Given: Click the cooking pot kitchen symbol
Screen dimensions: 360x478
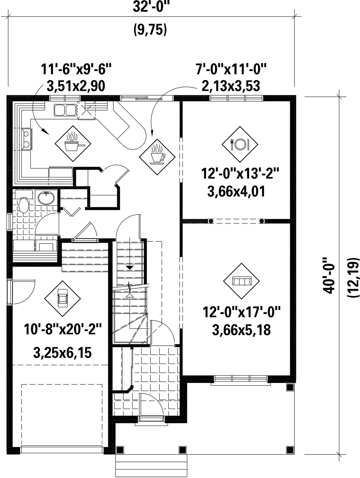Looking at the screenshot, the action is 73,144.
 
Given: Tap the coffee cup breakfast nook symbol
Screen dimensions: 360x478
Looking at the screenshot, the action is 157,157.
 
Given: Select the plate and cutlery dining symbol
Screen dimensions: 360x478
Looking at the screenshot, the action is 240,144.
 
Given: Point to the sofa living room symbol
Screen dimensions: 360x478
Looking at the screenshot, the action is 242,281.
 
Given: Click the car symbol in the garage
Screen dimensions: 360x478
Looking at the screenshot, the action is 63,298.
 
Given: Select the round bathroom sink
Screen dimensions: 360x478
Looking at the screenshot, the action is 46,198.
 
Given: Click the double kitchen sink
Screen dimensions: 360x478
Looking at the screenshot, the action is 65,110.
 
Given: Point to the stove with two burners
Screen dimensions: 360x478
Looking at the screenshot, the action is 27,139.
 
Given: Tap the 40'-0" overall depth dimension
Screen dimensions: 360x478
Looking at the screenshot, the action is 328,275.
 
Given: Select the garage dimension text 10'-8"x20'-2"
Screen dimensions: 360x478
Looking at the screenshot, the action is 63,329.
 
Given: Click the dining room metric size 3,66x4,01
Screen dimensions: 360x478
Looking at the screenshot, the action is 236,191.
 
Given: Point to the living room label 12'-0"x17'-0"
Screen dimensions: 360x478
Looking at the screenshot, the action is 242,312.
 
